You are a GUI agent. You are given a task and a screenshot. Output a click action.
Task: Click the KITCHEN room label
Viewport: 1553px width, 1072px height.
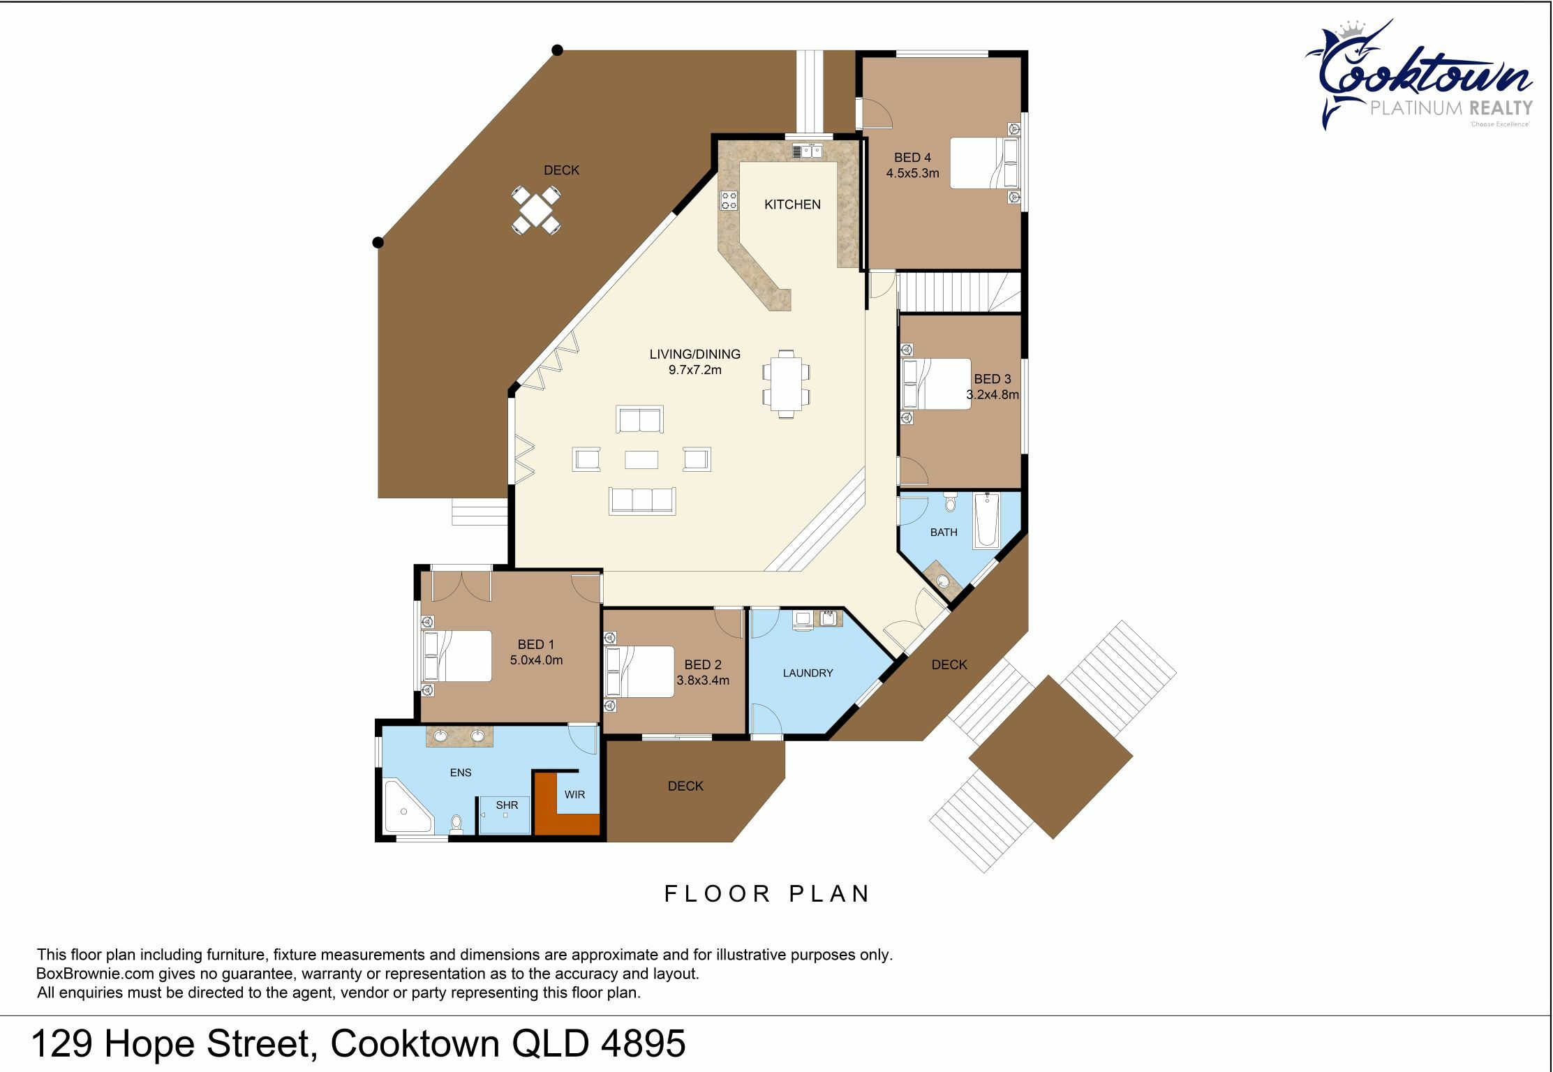792,204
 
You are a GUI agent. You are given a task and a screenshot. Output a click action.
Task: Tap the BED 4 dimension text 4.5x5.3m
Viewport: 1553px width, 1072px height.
912,173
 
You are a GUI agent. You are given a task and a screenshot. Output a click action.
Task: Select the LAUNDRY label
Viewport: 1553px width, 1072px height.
808,673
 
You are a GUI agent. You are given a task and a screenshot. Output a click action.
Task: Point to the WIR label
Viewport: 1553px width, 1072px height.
574,794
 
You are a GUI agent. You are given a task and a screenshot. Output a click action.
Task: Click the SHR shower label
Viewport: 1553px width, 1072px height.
507,805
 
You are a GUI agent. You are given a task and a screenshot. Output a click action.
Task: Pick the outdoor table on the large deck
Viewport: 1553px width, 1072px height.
535,209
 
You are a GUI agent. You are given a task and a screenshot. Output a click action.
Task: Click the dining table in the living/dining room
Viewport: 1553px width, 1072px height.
786,383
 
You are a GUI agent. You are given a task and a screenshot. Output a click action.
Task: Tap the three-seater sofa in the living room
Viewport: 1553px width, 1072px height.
642,500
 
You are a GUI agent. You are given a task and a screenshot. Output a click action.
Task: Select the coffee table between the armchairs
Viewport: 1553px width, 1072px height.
641,459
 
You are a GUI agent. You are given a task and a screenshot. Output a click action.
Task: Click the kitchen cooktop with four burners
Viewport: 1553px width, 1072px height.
729,200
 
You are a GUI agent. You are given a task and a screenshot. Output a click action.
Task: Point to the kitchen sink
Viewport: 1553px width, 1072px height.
808,151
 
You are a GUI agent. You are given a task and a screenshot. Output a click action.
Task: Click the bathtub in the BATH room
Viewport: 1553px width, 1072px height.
987,520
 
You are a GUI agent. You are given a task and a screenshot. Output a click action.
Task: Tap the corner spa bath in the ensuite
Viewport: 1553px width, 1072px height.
407,807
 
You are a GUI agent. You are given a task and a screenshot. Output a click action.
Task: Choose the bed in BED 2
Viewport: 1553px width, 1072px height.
640,672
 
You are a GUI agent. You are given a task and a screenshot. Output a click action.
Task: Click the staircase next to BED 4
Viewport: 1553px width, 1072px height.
959,292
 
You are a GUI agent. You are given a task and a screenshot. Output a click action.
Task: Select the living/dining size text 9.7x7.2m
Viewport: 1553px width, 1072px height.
694,370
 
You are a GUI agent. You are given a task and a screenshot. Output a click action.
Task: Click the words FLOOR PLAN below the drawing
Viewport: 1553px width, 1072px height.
767,893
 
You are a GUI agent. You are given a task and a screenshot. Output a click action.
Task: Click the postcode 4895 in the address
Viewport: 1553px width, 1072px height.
643,1044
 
